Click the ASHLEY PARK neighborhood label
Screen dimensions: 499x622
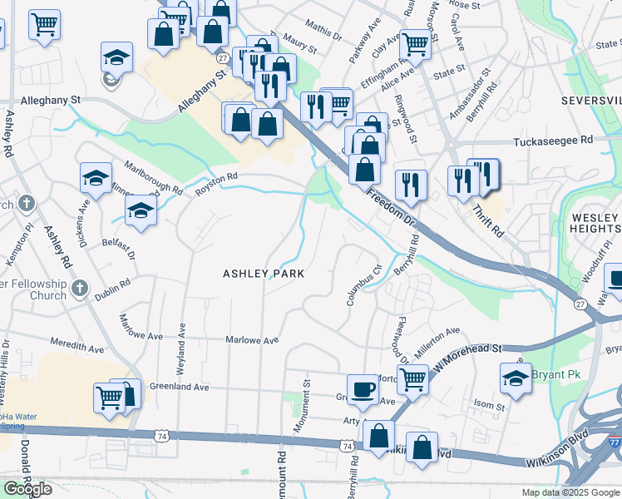pyautogui.click(x=263, y=274)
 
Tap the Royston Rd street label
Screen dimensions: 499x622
pyautogui.click(x=216, y=183)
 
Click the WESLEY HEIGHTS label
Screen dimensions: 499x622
pyautogui.click(x=595, y=225)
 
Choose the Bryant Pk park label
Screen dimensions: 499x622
pyautogui.click(x=555, y=375)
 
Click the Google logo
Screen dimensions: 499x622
pyautogui.click(x=27, y=489)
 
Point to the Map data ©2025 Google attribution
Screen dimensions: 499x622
pyautogui.click(x=570, y=492)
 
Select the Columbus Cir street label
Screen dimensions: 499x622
pyautogui.click(x=362, y=285)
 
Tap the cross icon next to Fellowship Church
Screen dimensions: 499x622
pyautogui.click(x=80, y=289)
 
